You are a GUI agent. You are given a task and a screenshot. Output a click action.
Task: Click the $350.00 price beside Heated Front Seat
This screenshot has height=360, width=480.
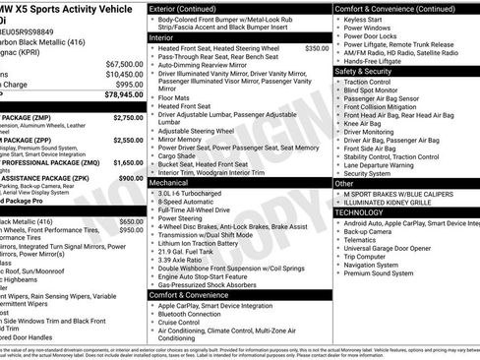(x=317, y=47)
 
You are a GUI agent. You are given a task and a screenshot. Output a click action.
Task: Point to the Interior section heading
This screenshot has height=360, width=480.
(x=162, y=36)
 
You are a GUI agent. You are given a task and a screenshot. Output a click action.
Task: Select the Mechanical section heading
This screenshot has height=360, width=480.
(x=169, y=183)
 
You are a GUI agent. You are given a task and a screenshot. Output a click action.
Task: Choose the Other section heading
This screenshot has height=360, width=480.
(x=343, y=183)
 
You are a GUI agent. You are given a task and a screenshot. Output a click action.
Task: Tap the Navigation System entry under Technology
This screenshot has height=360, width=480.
(x=379, y=265)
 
